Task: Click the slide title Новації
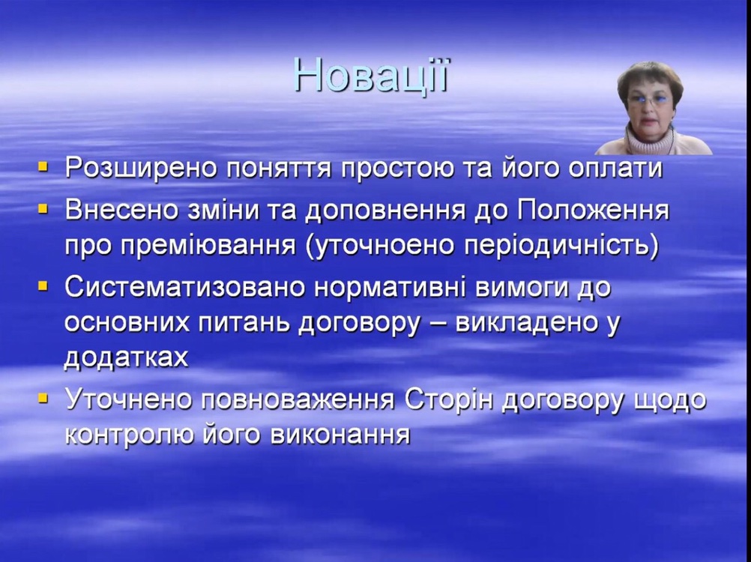click(x=372, y=75)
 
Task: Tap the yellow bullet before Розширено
click(x=43, y=167)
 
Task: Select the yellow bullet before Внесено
click(x=43, y=209)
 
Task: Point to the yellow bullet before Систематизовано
click(x=43, y=286)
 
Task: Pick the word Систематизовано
click(x=185, y=288)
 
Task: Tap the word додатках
click(x=127, y=358)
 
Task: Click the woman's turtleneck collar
click(x=650, y=139)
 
